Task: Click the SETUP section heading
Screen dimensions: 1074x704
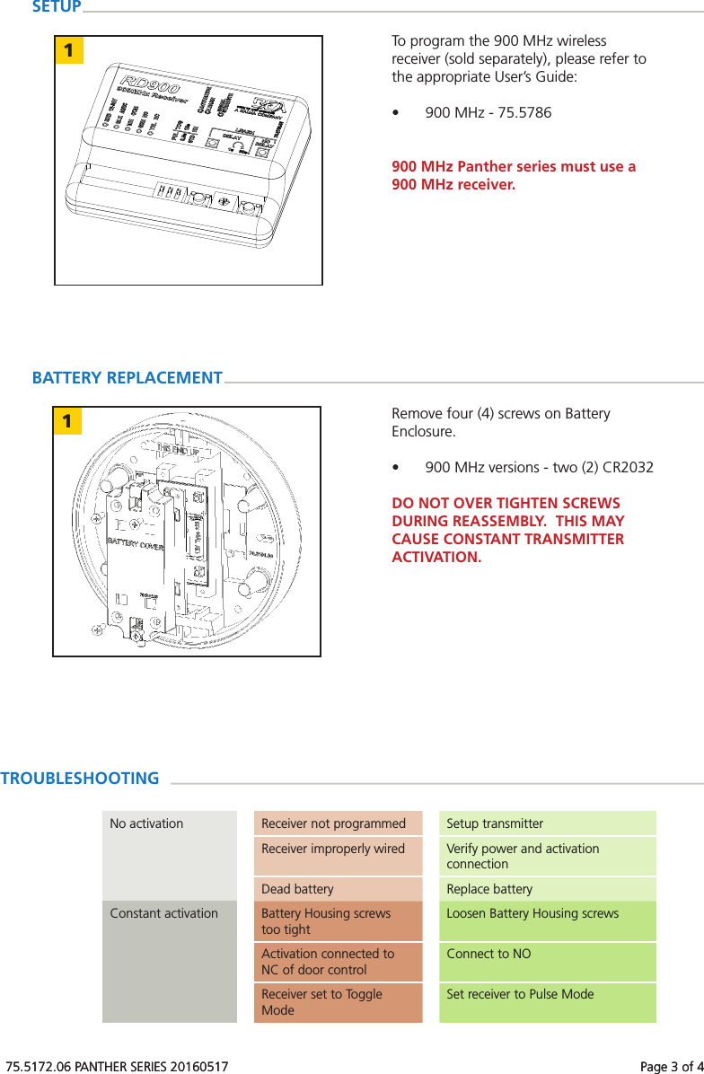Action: click(x=56, y=7)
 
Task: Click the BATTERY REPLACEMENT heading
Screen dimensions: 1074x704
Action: click(x=127, y=378)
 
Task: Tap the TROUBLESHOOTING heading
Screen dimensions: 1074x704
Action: click(x=80, y=779)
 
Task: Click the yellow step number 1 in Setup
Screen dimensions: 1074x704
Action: click(x=68, y=50)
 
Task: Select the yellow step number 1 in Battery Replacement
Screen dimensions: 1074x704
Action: click(x=67, y=420)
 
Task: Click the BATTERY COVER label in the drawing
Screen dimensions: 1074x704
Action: click(x=136, y=542)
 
